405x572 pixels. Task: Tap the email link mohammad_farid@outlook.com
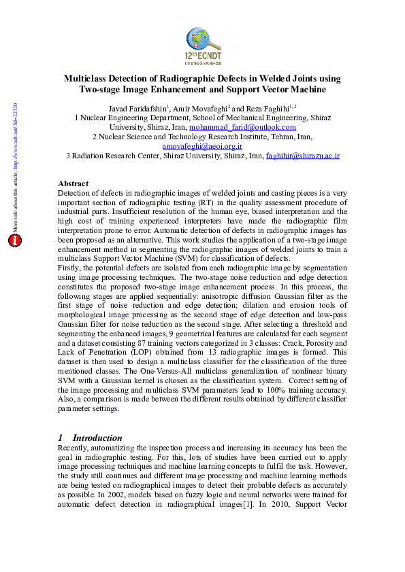tap(242, 127)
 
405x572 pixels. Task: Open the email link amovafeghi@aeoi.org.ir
tap(202, 146)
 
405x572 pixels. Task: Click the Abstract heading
tap(74, 183)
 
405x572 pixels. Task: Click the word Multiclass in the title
tap(88, 79)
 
